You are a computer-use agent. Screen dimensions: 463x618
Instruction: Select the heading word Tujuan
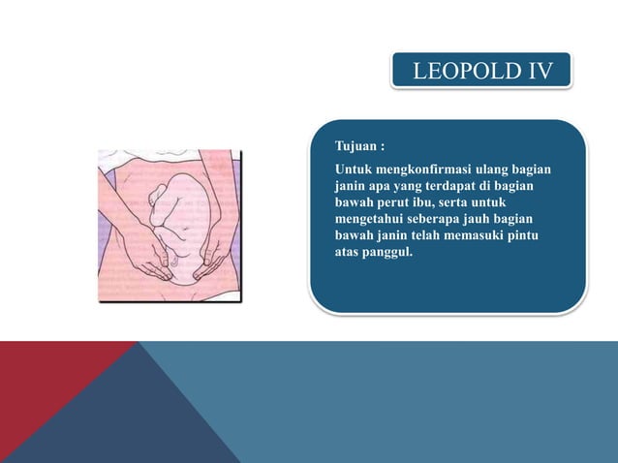(x=355, y=146)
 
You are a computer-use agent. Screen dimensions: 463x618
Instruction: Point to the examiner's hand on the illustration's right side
(x=211, y=257)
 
